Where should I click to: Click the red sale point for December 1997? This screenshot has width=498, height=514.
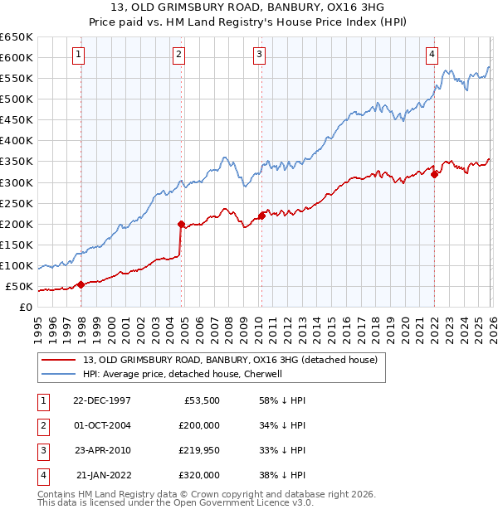click(x=81, y=284)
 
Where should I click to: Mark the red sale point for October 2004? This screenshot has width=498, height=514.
click(x=181, y=224)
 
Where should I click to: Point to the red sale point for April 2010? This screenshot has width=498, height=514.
click(x=261, y=216)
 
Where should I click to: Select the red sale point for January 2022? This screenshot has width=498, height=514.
click(x=434, y=174)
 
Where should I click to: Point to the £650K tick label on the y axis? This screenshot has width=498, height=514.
click(x=17, y=37)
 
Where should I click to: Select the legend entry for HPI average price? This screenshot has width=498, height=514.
click(x=183, y=374)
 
